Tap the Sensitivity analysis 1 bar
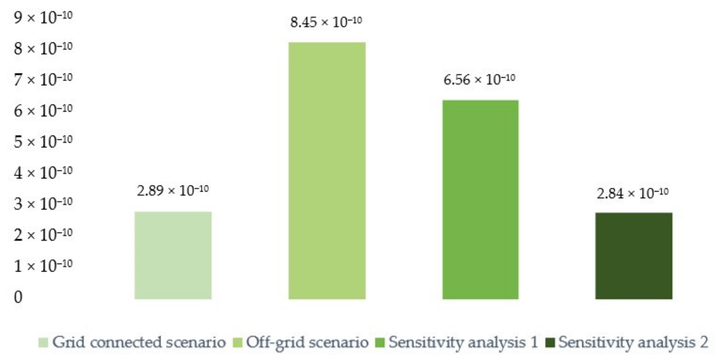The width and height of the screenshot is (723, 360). coord(480,199)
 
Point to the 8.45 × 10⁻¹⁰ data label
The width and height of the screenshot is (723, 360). coord(326,22)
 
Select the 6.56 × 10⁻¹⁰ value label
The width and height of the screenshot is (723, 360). coord(479,79)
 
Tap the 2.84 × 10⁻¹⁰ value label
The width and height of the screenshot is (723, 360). coord(633,193)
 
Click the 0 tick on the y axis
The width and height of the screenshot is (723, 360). coord(18,297)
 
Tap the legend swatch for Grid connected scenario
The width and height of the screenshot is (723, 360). coord(43,342)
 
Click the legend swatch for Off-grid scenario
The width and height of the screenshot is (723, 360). coord(237,342)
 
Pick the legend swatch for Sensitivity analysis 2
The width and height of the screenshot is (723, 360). coord(550,342)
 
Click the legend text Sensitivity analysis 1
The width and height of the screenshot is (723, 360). coord(463,342)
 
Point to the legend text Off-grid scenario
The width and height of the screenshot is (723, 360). coord(307,342)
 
